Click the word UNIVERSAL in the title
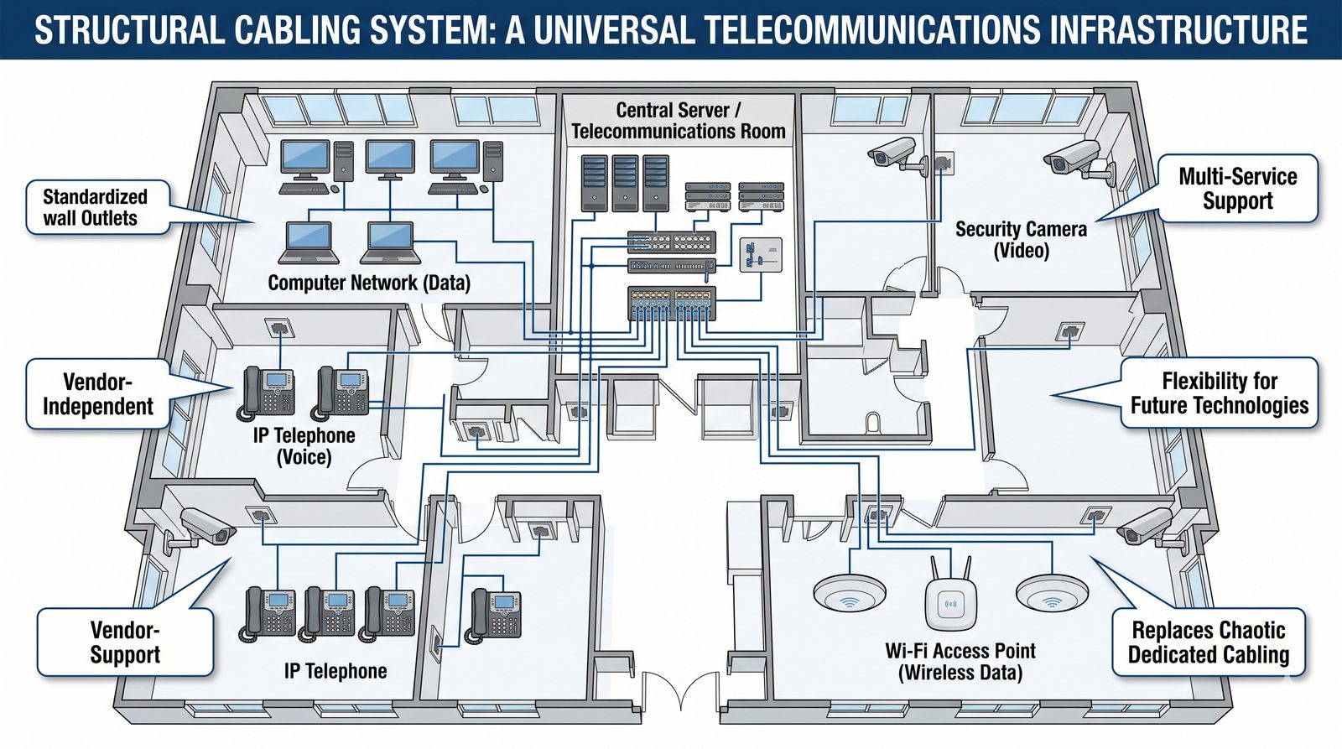613,30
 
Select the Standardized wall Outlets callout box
96,207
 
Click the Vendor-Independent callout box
98,394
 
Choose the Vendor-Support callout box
125,642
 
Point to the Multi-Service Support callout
1237,189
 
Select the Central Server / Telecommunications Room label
678,121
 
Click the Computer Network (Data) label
369,283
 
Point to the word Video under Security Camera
1021,251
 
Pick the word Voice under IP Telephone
304,457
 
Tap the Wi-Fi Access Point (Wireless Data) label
960,661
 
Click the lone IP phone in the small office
496,613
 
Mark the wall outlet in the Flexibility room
1070,331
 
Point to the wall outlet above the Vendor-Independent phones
278,327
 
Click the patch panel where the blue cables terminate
672,303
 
